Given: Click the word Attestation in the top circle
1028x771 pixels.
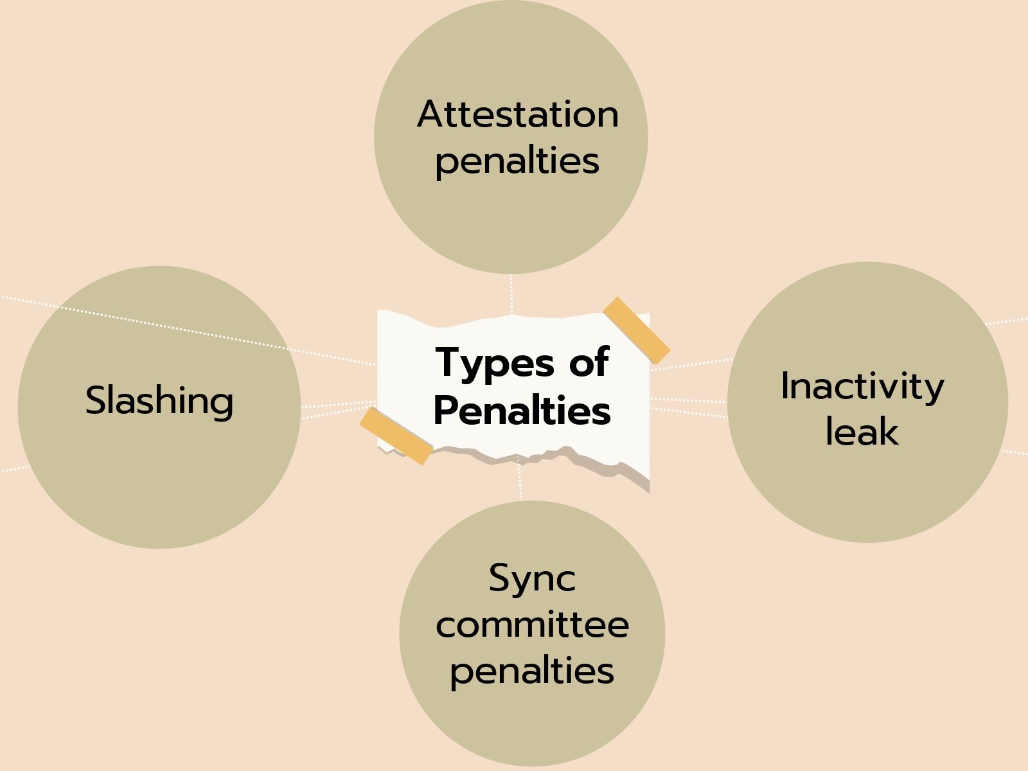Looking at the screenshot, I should (x=518, y=114).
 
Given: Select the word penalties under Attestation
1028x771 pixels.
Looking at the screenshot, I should (x=517, y=161).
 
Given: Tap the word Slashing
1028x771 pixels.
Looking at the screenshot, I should (x=159, y=400).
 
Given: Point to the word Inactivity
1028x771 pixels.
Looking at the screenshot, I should (x=862, y=386).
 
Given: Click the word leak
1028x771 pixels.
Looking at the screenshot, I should (x=862, y=431).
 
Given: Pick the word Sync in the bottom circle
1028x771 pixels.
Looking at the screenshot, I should (x=532, y=578).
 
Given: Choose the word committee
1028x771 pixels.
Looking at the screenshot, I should (x=532, y=625).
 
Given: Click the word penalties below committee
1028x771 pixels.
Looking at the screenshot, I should (x=532, y=671).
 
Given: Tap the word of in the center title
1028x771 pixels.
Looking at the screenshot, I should (x=589, y=362).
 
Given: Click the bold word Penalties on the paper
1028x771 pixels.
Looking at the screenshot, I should (x=522, y=410).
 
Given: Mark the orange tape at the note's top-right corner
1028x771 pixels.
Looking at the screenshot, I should (x=636, y=330).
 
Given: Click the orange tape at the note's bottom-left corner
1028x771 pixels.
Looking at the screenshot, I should (x=395, y=436).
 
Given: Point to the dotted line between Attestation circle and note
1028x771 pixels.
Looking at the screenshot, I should (x=511, y=294).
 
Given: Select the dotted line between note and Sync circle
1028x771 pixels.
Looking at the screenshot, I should (x=520, y=482).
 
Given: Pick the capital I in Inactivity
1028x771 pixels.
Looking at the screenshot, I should (x=785, y=385).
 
